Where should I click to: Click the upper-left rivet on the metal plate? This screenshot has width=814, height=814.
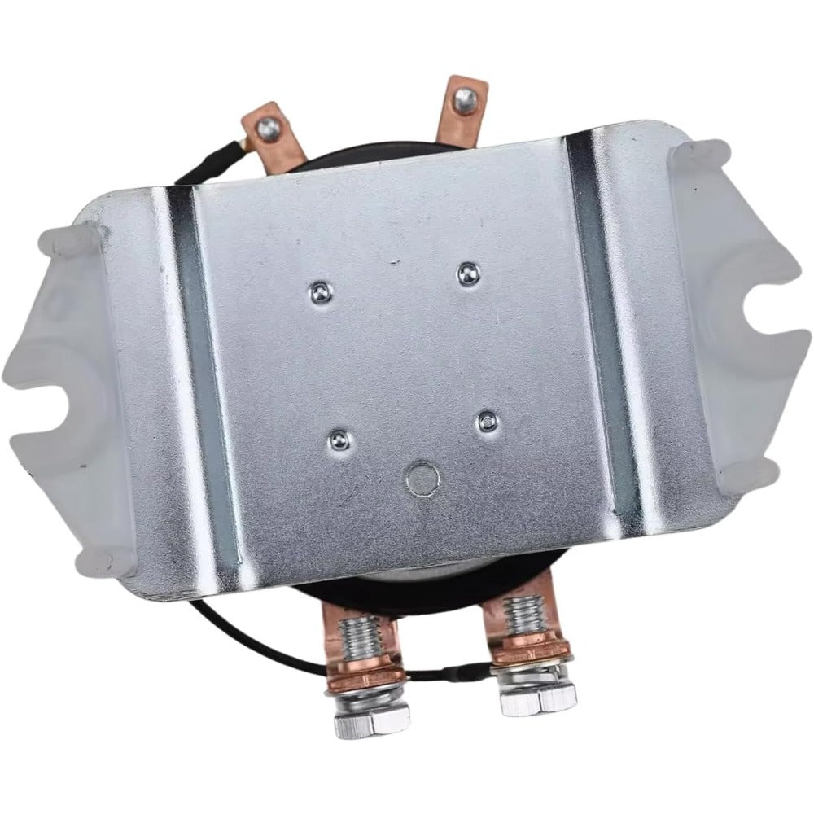(319, 290)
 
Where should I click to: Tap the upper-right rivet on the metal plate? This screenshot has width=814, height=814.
(466, 274)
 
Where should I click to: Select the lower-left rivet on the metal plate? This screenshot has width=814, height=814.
(337, 440)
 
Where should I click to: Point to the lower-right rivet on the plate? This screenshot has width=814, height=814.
(487, 422)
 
